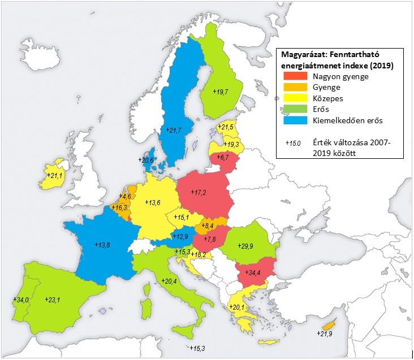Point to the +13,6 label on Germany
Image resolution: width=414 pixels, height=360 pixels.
click(x=153, y=202)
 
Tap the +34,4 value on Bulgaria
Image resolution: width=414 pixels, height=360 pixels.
click(x=252, y=272)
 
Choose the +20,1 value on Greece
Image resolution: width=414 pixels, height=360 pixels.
click(x=238, y=307)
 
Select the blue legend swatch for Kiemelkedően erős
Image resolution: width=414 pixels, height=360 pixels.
click(x=294, y=120)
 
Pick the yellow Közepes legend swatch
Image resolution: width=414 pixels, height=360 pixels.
click(x=294, y=98)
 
